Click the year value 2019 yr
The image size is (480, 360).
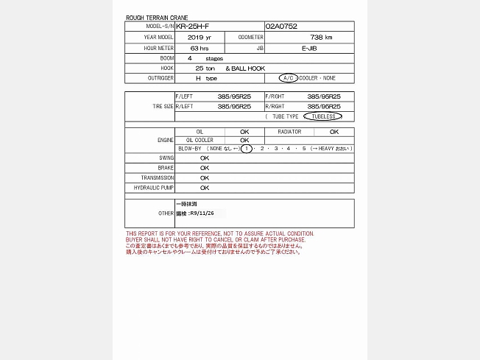(199, 37)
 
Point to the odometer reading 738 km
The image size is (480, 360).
(321, 37)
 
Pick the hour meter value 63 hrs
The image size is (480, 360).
(199, 47)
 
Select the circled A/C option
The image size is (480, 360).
(288, 78)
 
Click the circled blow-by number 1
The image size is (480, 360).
(247, 149)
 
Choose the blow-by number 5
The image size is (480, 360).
(303, 149)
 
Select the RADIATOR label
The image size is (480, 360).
(289, 132)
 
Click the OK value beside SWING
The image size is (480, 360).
(205, 158)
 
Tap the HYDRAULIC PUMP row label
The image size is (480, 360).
(154, 188)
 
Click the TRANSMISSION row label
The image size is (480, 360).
(158, 177)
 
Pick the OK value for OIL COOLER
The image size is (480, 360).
(244, 140)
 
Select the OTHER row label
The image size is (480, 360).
(166, 213)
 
